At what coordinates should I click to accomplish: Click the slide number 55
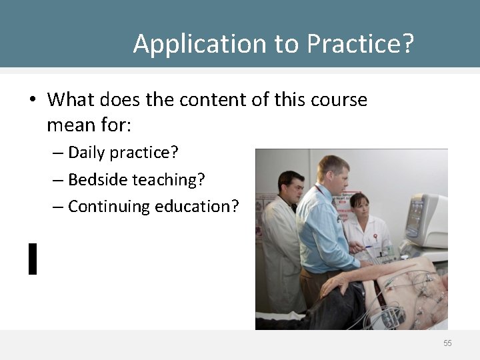pos(447,343)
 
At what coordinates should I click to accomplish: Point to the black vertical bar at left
pos(32,259)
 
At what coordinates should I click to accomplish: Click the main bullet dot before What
pos(32,101)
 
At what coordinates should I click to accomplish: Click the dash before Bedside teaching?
pos(58,180)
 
